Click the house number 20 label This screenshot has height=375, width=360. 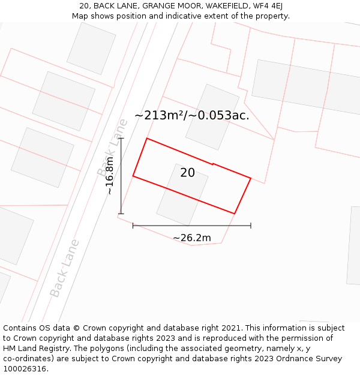(188, 173)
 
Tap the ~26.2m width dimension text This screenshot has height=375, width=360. (192, 238)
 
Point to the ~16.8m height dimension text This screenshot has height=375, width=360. (110, 176)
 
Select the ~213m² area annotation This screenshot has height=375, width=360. (192, 115)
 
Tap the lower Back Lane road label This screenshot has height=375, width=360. (65, 268)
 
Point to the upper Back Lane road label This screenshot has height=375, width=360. (113, 148)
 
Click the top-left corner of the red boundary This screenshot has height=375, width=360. (147, 139)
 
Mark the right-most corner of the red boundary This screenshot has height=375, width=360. (250, 178)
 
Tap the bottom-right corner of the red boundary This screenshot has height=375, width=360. (234, 214)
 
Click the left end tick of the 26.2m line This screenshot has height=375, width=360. (133, 226)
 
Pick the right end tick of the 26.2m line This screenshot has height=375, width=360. (250, 226)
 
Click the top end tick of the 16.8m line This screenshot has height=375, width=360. (121, 139)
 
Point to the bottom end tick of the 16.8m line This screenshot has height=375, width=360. (121, 214)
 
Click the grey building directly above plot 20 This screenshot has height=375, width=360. (212, 117)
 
